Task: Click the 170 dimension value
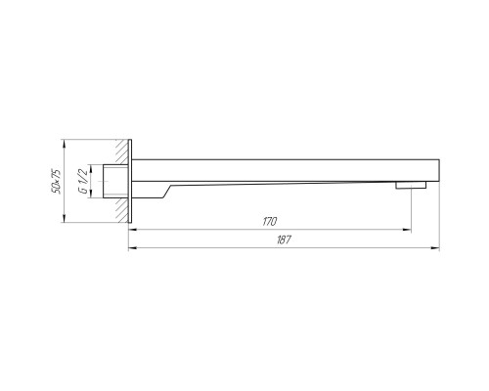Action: pyautogui.click(x=270, y=222)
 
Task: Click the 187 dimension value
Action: pyautogui.click(x=284, y=240)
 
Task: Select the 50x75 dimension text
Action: pyautogui.click(x=56, y=181)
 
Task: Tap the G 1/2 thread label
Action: pyautogui.click(x=83, y=182)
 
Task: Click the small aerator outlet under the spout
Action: pyautogui.click(x=411, y=185)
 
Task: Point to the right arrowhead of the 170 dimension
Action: pyautogui.click(x=407, y=230)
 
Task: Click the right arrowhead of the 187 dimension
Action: pyautogui.click(x=435, y=248)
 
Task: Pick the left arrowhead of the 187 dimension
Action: pyautogui.click(x=132, y=248)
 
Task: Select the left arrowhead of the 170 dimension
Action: pyautogui.click(x=132, y=230)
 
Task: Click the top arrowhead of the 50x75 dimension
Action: pyautogui.click(x=65, y=144)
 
